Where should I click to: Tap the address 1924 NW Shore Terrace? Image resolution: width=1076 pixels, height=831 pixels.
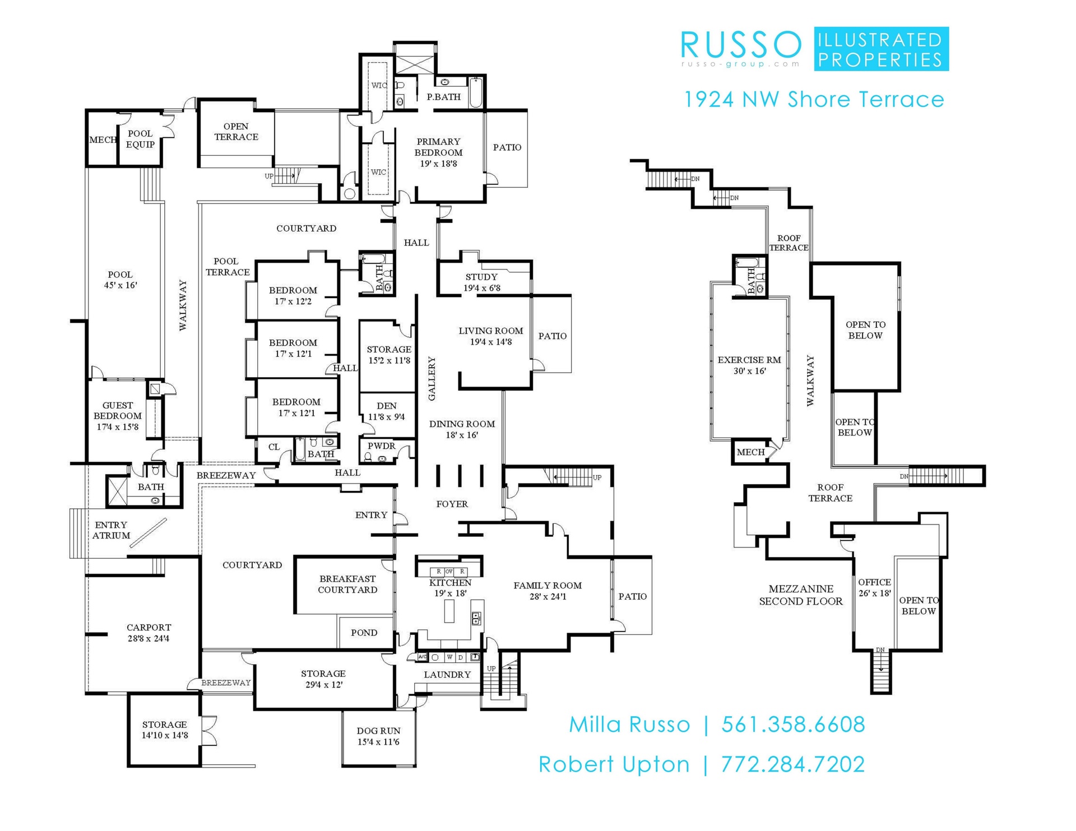[814, 100]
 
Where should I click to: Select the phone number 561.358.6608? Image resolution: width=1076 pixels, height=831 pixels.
[793, 725]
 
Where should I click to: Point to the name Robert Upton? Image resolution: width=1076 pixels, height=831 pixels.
[614, 764]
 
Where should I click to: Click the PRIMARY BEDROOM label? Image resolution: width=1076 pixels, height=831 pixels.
[438, 152]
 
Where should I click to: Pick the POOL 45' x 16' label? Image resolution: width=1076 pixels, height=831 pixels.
[120, 280]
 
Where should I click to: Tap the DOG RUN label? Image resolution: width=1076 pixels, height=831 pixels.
[378, 736]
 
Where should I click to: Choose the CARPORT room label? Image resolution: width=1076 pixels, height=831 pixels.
[149, 633]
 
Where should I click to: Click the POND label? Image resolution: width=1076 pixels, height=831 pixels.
[364, 633]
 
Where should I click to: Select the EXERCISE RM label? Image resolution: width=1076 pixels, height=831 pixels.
[749, 365]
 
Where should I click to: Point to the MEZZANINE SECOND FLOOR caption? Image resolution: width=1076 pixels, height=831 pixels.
[801, 595]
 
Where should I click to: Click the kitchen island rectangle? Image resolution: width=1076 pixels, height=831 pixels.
[449, 611]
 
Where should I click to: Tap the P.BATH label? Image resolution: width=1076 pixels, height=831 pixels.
[443, 97]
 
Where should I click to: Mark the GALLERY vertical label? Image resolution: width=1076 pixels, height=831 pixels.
[432, 379]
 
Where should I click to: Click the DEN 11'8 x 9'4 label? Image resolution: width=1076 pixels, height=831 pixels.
[386, 411]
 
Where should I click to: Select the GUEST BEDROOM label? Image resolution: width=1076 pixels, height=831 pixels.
[118, 416]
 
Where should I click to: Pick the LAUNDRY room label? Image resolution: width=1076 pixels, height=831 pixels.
[447, 675]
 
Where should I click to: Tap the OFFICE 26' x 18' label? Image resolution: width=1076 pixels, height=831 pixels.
[874, 587]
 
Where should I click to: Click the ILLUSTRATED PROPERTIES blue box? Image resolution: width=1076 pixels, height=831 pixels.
[881, 49]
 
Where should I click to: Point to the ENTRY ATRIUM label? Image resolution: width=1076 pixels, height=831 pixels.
[111, 530]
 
